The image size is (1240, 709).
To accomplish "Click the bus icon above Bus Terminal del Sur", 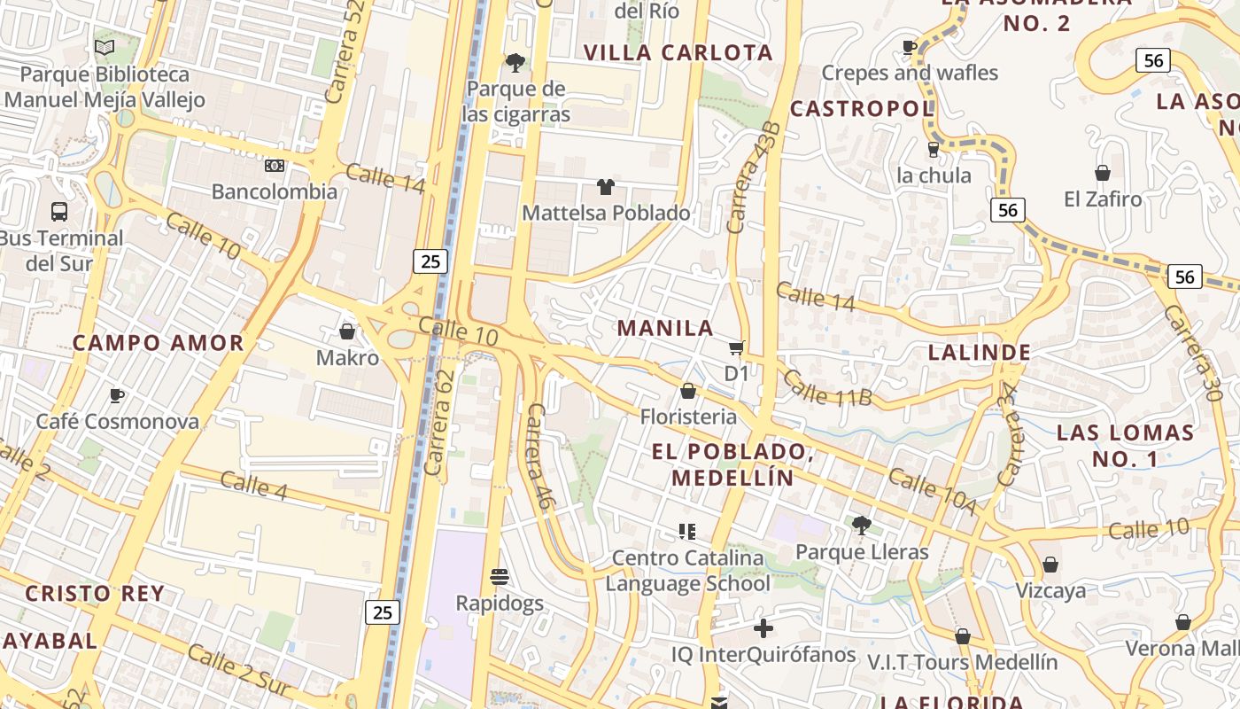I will point(59,212).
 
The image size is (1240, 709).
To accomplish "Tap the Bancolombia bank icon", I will point(275,166).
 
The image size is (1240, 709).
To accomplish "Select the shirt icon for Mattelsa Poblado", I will point(605,187).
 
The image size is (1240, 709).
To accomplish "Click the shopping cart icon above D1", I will point(736,348).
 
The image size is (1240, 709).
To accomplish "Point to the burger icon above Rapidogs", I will point(499,577).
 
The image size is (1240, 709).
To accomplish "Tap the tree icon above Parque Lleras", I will point(861,526).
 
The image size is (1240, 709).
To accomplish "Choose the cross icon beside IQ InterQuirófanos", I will point(763,628).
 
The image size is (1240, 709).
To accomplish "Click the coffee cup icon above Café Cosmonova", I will point(116,395).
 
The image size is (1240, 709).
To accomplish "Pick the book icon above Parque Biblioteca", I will point(104,48).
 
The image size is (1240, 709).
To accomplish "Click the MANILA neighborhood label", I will point(665,328).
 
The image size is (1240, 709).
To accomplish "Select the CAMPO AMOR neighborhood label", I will point(158,343).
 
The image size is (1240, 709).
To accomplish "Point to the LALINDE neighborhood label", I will point(979,352).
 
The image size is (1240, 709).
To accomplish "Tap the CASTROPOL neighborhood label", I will point(861,109).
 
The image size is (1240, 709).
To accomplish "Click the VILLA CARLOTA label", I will point(678,52).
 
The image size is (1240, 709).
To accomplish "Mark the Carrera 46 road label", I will point(540,456).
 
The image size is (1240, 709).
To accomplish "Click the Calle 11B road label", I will point(827,388).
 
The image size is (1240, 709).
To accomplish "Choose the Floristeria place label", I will point(688,417).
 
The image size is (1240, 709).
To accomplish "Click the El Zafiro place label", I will point(1103,199).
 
